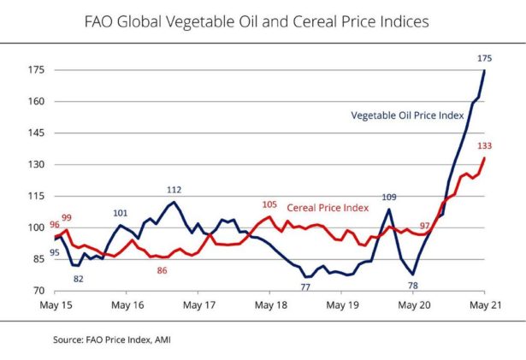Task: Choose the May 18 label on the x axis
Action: [x=269, y=304]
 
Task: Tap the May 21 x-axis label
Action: [x=484, y=304]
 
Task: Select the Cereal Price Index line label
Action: [x=328, y=207]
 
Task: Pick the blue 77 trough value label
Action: [x=305, y=287]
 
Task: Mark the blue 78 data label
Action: [x=413, y=285]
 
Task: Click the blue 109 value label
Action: [x=389, y=198]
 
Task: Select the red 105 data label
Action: [x=270, y=204]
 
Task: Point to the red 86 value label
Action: [x=162, y=270]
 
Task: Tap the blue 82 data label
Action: [x=78, y=279]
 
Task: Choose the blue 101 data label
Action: [x=121, y=213]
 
